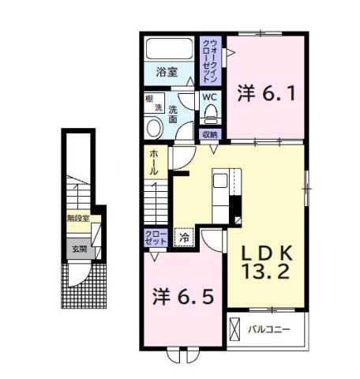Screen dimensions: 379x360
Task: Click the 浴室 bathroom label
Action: [166, 72]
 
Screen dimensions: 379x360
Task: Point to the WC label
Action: [209, 97]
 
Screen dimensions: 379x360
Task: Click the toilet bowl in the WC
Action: [210, 115]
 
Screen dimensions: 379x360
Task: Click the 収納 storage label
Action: [209, 134]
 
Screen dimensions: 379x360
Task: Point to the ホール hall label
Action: [152, 164]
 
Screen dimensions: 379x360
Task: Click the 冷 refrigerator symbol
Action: [184, 236]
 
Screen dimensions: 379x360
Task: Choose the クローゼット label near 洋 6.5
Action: [155, 238]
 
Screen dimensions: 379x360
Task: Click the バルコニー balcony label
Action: [272, 327]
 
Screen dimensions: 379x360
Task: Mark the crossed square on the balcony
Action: [235, 328]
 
